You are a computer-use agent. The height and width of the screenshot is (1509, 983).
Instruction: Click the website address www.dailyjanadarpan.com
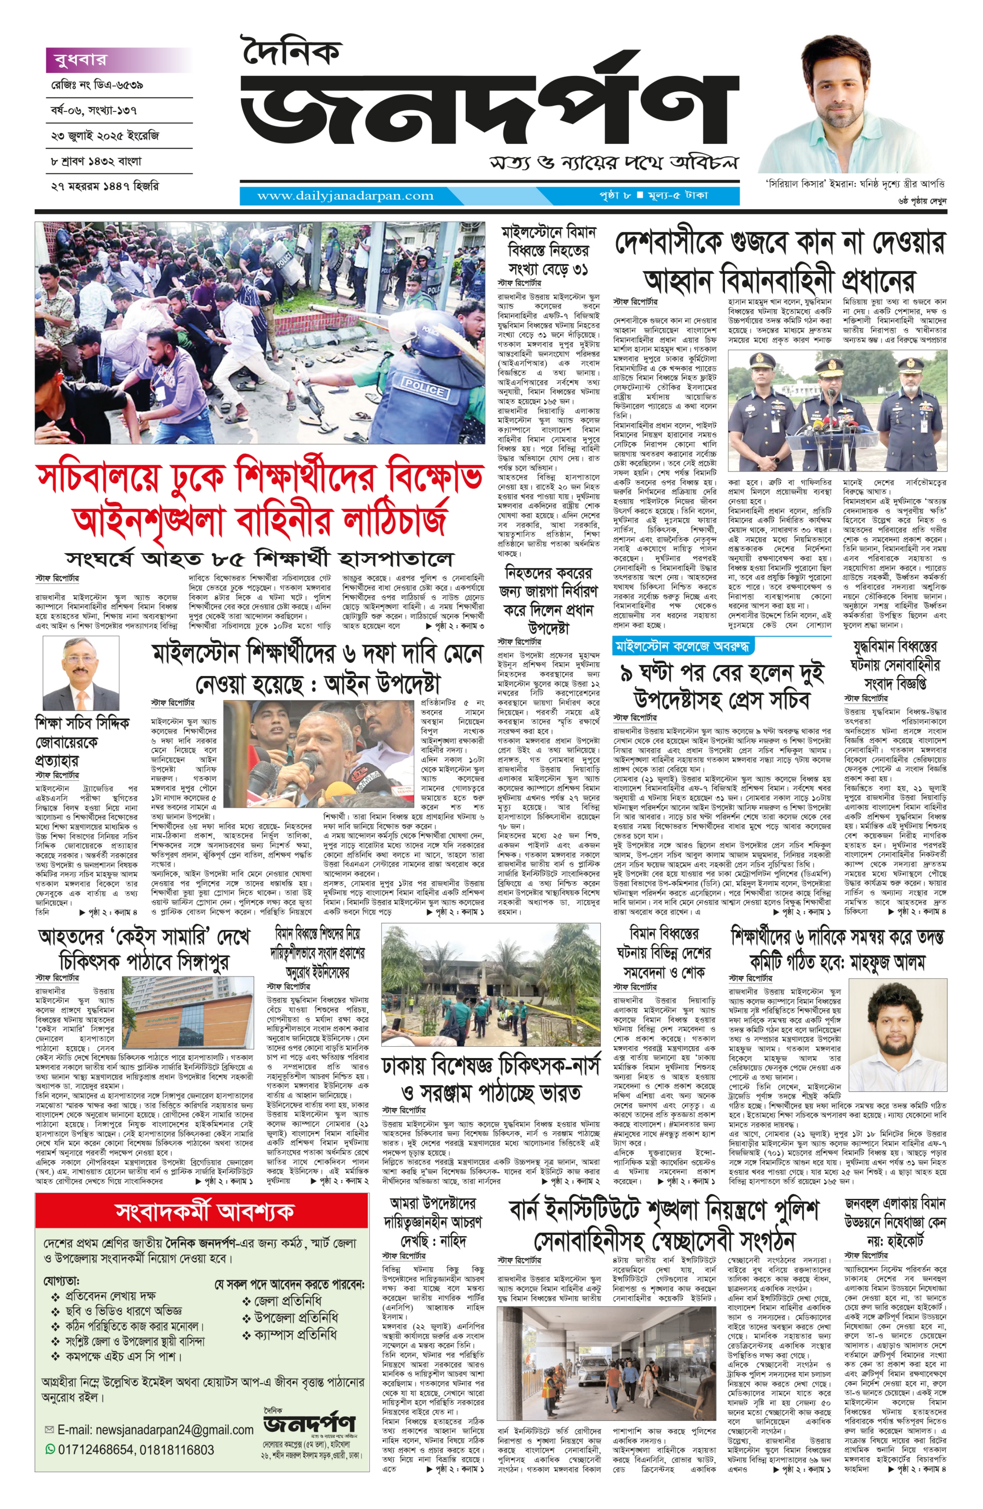pyautogui.click(x=345, y=195)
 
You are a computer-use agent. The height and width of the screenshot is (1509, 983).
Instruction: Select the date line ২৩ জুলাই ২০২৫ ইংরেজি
pyautogui.click(x=104, y=136)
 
